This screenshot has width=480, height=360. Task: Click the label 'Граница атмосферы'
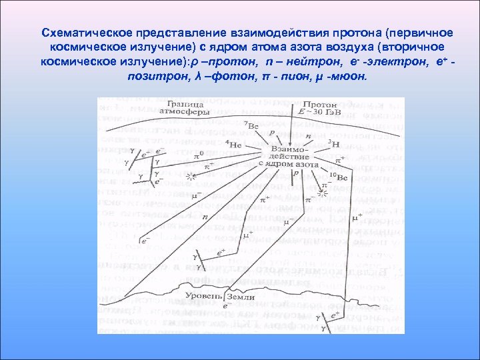pyautogui.click(x=185, y=109)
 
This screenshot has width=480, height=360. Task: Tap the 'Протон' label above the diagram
pyautogui.click(x=321, y=105)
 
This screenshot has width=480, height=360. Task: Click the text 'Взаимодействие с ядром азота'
pyautogui.click(x=288, y=157)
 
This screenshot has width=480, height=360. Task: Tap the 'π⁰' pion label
pyautogui.click(x=199, y=155)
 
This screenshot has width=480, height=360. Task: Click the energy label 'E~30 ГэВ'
pyautogui.click(x=322, y=113)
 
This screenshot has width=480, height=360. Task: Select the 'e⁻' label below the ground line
pyautogui.click(x=227, y=306)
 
